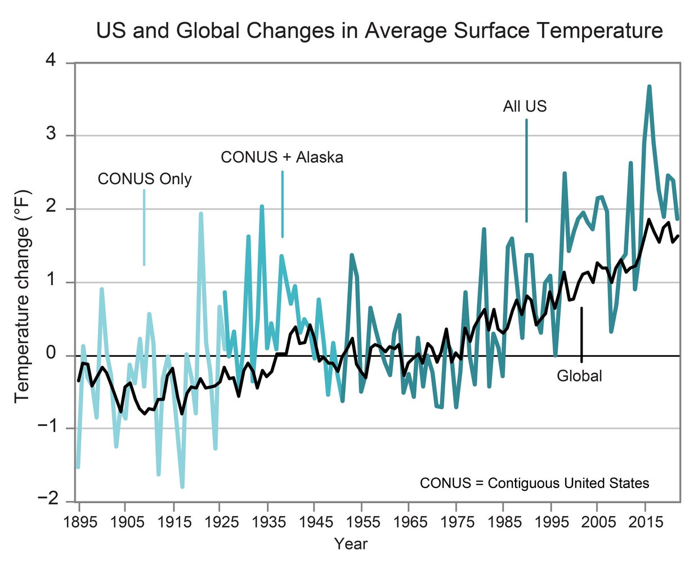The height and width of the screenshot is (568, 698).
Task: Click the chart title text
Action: (x=379, y=30)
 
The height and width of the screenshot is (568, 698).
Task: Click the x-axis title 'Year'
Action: (x=351, y=544)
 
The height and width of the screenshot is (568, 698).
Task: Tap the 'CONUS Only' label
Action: (x=145, y=179)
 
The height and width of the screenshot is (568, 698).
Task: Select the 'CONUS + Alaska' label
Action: (x=281, y=157)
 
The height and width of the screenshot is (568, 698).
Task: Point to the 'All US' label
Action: (x=525, y=106)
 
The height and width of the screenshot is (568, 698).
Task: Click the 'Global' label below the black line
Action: (x=579, y=376)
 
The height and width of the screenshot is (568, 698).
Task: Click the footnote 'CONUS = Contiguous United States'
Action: (x=534, y=483)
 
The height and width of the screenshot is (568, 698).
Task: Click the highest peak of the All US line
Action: (x=649, y=86)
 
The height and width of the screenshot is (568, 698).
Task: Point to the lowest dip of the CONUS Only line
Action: (x=182, y=486)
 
